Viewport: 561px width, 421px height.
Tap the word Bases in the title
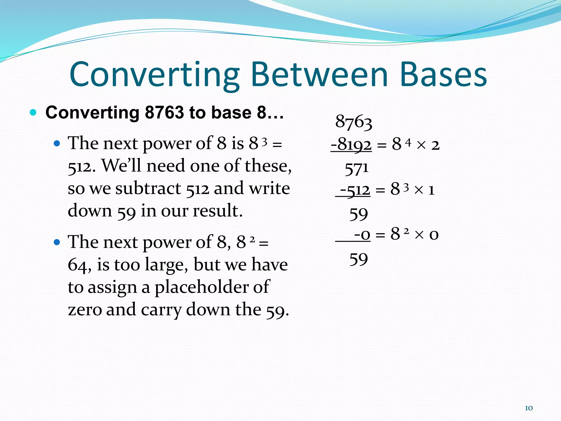click(x=443, y=75)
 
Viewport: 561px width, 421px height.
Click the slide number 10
click(x=529, y=408)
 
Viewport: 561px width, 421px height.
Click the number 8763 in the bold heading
click(x=164, y=112)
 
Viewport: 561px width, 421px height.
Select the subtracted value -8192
click(x=351, y=144)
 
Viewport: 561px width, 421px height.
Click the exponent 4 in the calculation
click(x=408, y=142)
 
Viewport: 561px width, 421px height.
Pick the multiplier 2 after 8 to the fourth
click(x=435, y=145)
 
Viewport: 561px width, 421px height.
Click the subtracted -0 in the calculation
click(x=362, y=235)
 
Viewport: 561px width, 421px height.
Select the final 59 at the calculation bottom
click(x=358, y=259)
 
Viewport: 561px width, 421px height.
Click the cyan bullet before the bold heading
click(x=33, y=112)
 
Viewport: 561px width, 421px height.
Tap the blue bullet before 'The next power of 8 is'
click(x=57, y=143)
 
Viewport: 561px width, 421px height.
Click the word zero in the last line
click(x=85, y=310)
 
